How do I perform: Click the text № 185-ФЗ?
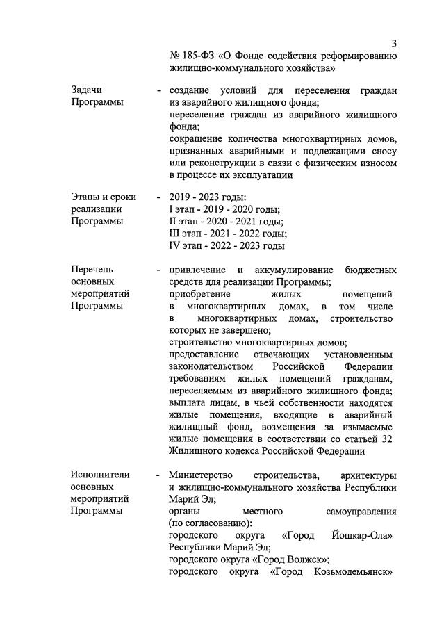(x=190, y=56)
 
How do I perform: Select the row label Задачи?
(x=88, y=90)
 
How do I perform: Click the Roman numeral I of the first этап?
(x=171, y=209)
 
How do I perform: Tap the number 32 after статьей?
(x=390, y=439)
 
